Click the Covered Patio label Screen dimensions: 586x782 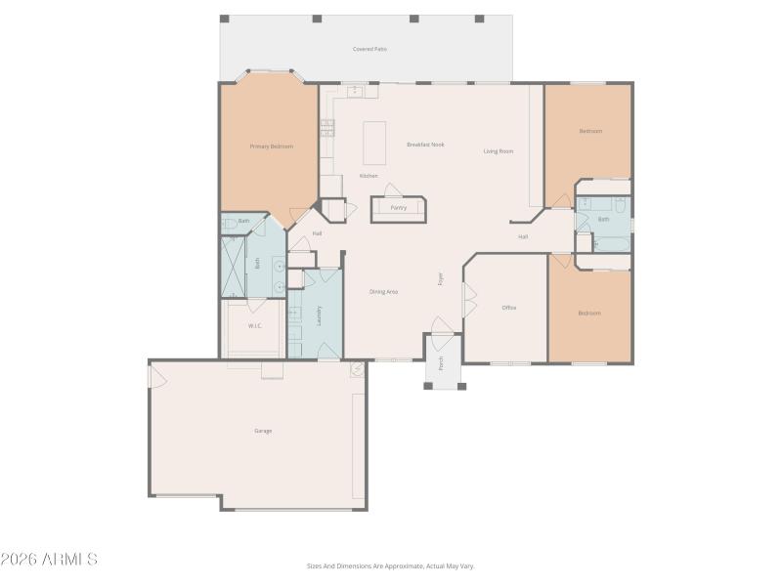(369, 49)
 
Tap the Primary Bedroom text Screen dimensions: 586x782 (271, 146)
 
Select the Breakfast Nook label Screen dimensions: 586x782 (425, 145)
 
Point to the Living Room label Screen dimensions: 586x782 (499, 151)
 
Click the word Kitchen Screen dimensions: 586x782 (369, 176)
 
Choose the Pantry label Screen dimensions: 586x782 (398, 208)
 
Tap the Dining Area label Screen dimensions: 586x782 (383, 292)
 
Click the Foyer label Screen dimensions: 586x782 (441, 278)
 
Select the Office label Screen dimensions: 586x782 (508, 308)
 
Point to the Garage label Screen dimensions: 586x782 (263, 431)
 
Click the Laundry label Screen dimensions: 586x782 (320, 314)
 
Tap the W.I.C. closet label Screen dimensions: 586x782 (254, 326)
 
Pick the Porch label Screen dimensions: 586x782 (441, 363)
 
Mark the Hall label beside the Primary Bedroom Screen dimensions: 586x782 (317, 233)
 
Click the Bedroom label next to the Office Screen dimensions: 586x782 (588, 314)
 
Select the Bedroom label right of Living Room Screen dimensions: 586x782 (589, 131)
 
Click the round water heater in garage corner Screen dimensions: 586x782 (358, 369)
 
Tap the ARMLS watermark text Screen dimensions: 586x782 (49, 560)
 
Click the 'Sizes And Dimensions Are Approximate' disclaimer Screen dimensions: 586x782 (390, 565)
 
